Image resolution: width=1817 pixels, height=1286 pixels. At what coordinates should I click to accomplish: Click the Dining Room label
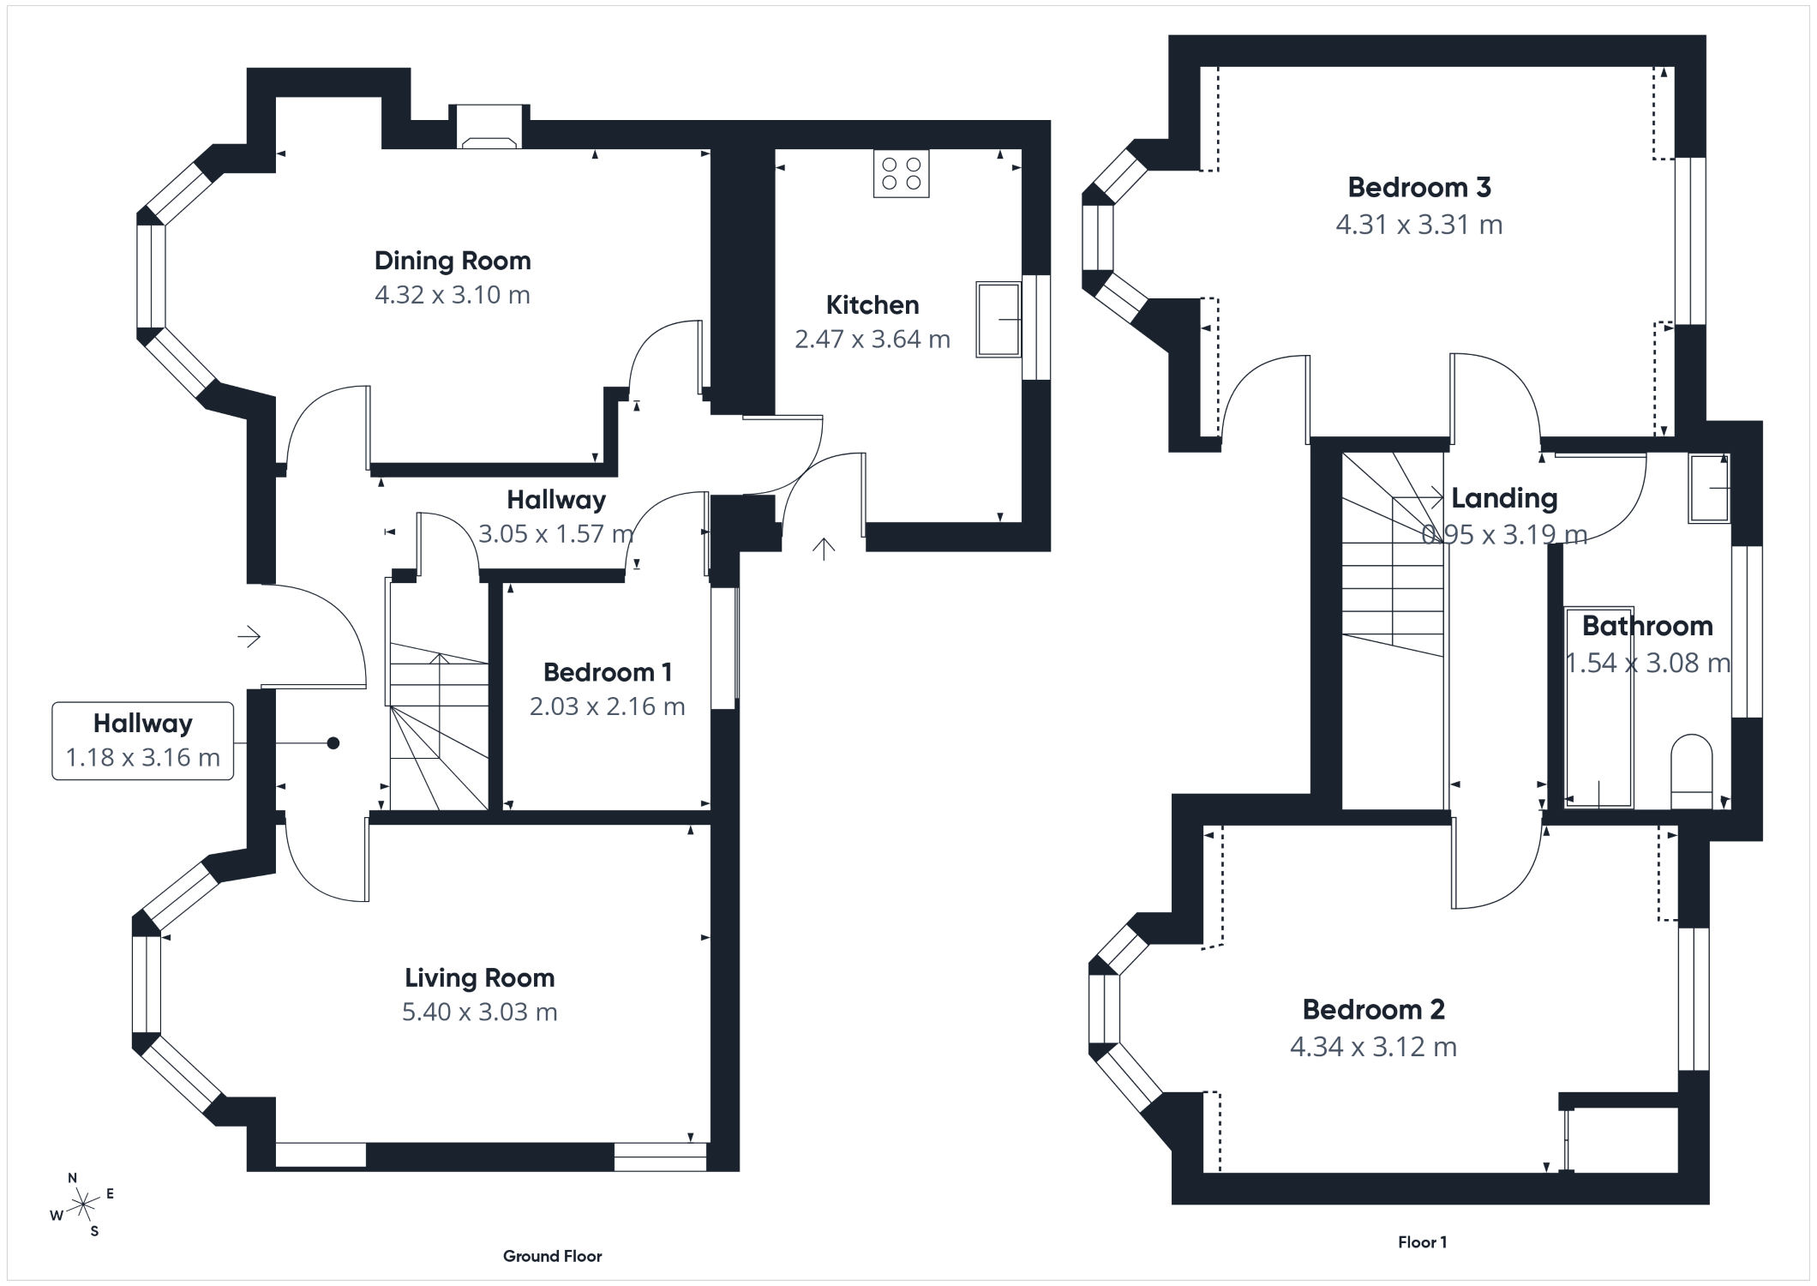pos(453,261)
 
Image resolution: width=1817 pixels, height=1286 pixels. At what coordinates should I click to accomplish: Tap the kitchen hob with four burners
pos(901,174)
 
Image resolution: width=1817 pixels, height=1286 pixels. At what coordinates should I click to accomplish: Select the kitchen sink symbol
pos(998,319)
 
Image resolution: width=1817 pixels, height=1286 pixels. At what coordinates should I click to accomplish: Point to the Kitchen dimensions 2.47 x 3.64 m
pos(873,340)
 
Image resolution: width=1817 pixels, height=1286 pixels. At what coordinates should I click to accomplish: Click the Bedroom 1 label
pos(608,672)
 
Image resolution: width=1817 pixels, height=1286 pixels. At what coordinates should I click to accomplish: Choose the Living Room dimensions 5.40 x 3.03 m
pos(480,1013)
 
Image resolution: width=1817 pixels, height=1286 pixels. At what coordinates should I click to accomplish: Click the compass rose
pos(81,1206)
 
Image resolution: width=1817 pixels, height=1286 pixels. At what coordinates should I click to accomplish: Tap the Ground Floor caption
pos(552,1256)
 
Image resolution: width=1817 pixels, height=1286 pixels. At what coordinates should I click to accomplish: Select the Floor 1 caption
pos(1422,1241)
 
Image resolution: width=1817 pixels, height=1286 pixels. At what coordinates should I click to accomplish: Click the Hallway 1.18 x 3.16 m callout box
pos(143,741)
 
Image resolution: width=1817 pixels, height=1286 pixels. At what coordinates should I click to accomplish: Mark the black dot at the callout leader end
pos(333,743)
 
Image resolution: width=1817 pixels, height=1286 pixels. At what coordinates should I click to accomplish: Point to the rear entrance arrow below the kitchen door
pos(824,549)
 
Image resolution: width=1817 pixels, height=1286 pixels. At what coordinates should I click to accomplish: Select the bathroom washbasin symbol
pos(1708,489)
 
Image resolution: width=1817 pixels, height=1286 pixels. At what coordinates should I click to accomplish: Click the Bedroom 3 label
pos(1419,187)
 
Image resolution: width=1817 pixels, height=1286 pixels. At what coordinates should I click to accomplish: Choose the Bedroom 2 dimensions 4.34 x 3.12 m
pos(1373,1048)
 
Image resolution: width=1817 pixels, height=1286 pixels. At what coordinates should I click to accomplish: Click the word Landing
pos(1504,498)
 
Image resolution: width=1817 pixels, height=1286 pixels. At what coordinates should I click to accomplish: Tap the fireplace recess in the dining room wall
pos(489,127)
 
